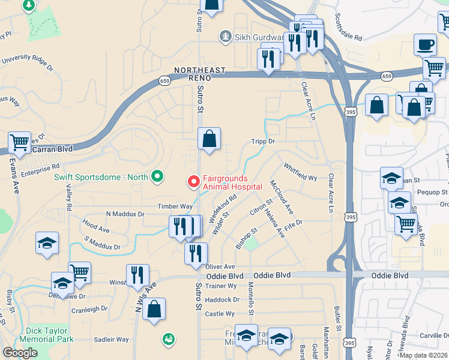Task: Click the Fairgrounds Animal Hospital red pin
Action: [194, 181]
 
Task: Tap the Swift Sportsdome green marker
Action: [157, 176]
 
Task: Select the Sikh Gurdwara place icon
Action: [225, 37]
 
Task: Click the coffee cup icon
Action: [426, 44]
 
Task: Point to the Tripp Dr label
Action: [262, 142]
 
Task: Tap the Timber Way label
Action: [175, 205]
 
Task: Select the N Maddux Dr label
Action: [125, 214]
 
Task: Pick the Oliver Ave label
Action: [220, 266]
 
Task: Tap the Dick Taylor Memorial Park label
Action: [49, 334]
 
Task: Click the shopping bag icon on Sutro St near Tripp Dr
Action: [209, 139]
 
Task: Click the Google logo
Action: [20, 353]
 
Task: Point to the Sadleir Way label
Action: [112, 339]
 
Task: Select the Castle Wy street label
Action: [220, 314]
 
